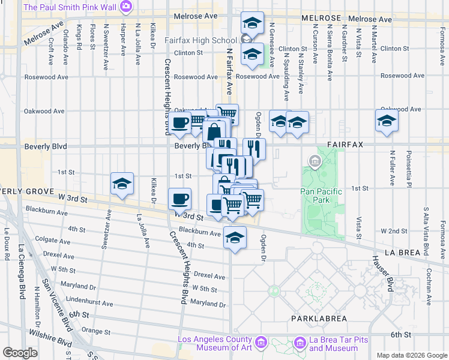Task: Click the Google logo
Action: click(x=20, y=353)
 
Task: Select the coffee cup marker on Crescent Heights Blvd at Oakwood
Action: click(x=179, y=123)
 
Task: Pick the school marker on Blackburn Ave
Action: click(x=235, y=238)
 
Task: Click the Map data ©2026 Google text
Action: click(x=411, y=355)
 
